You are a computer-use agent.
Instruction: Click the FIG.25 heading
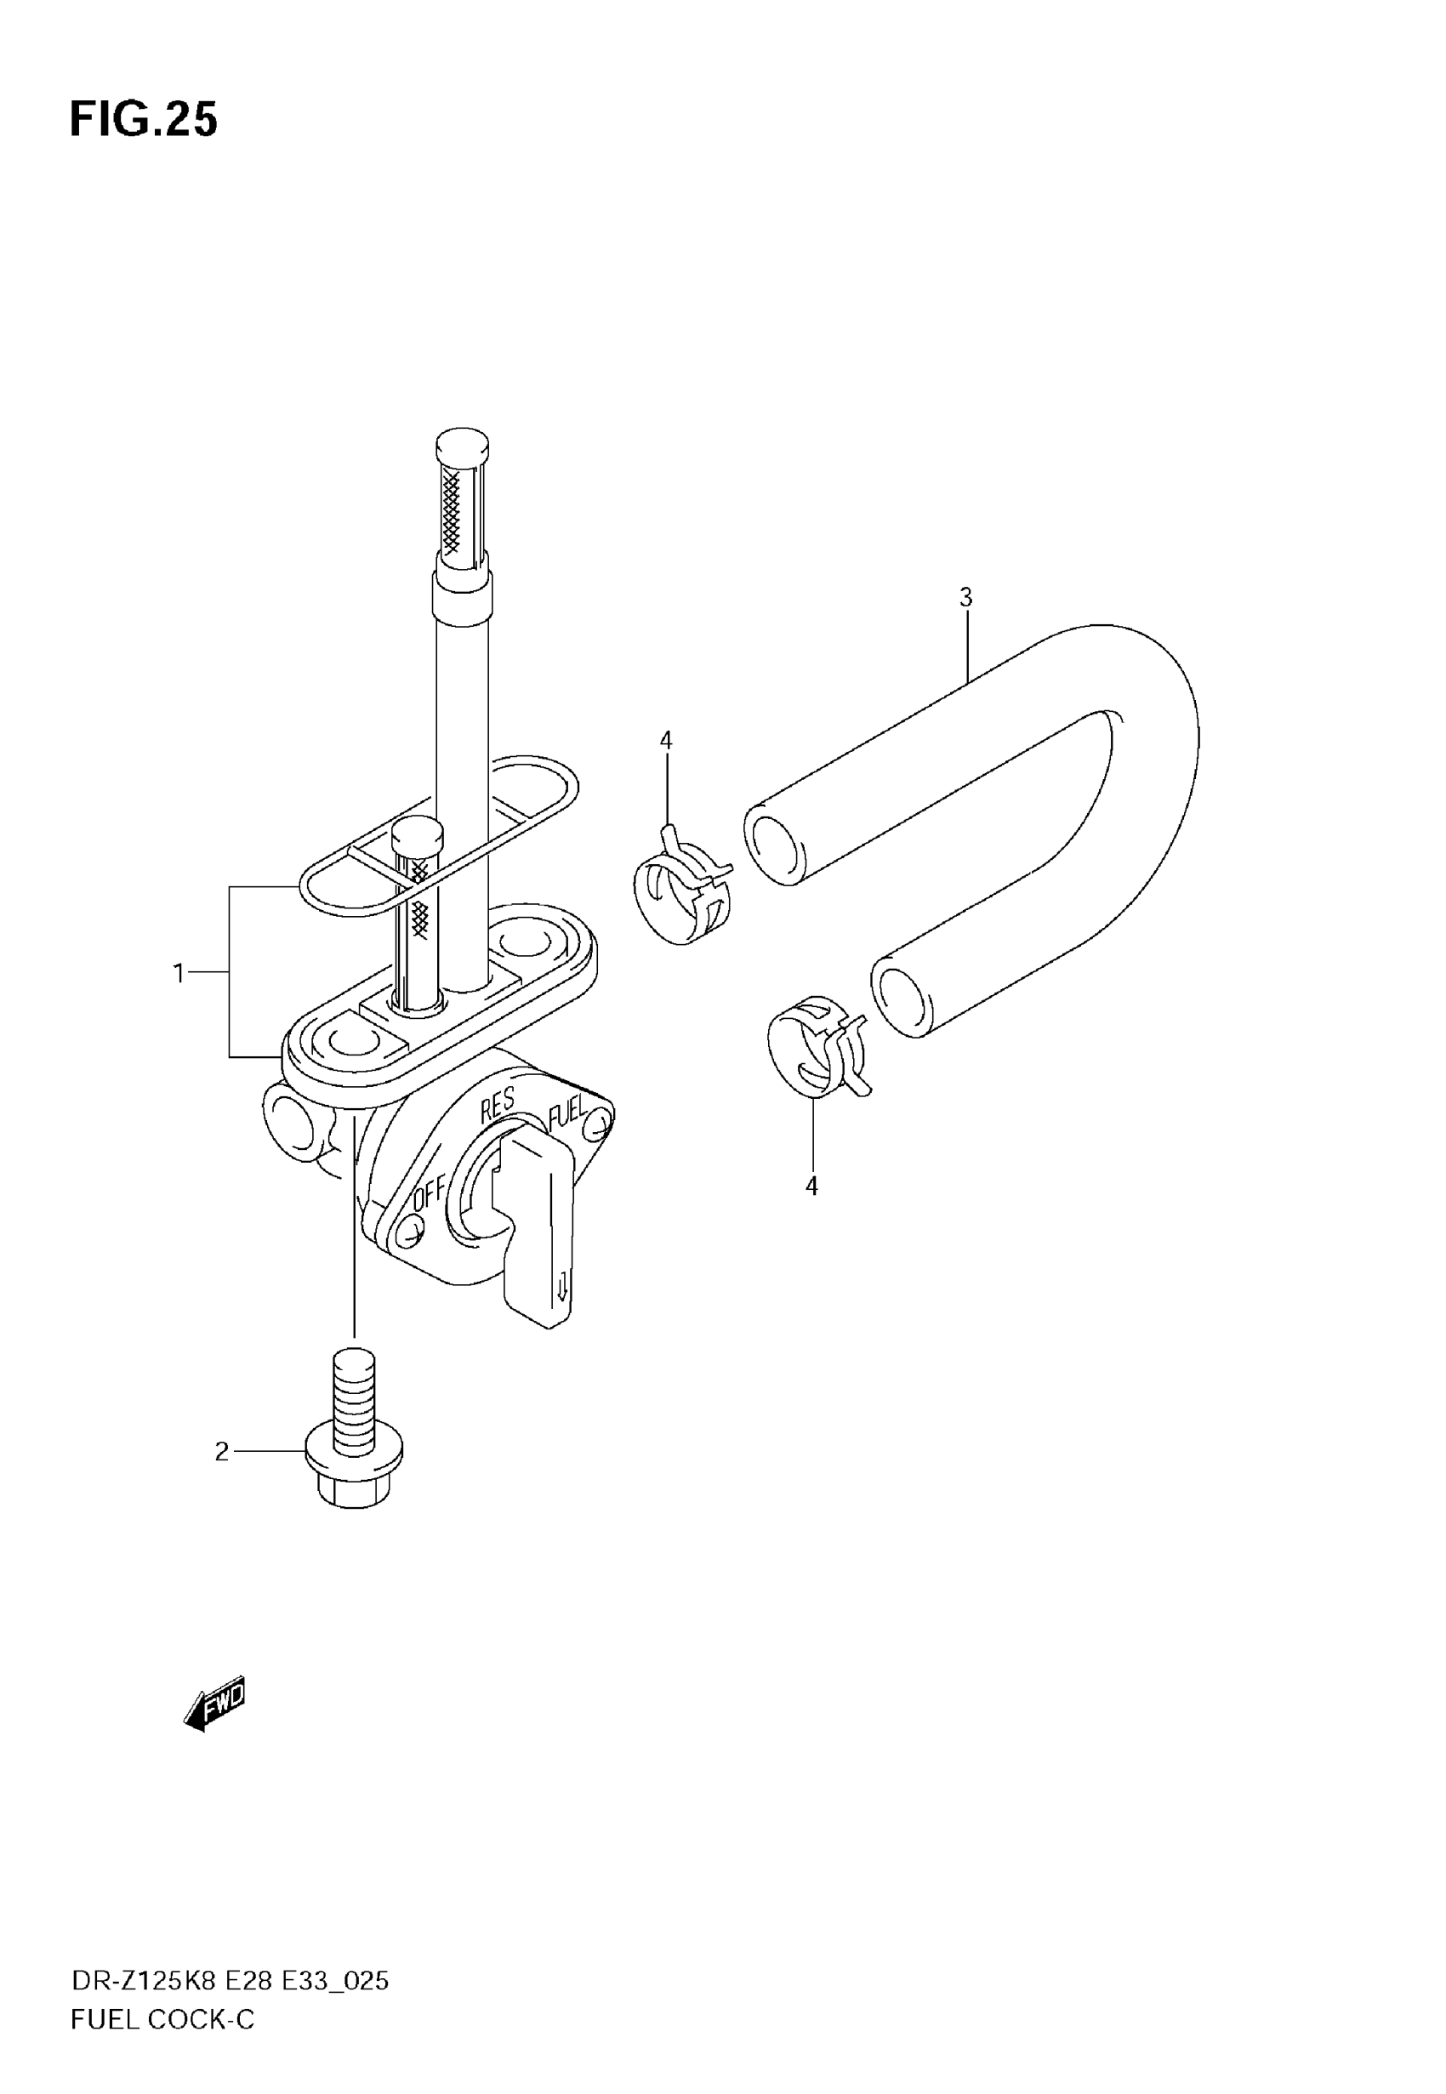143,120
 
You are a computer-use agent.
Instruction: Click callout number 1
179,974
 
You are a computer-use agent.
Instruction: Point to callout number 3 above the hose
965,598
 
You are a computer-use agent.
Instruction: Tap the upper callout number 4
666,740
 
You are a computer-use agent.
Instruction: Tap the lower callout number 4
811,1186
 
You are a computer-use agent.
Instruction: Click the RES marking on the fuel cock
498,1104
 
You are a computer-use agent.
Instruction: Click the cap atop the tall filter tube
462,445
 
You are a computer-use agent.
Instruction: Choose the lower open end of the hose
902,999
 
